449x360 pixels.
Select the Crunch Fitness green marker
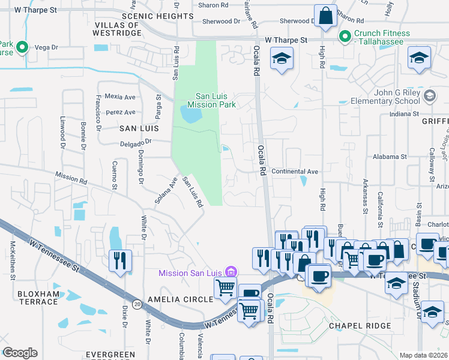(x=345, y=37)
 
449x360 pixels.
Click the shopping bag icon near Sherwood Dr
(x=325, y=16)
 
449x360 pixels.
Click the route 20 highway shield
(x=137, y=304)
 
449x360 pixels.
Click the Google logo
(x=20, y=353)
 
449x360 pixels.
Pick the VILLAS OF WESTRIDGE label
(x=117, y=29)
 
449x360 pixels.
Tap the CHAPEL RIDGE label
(x=360, y=326)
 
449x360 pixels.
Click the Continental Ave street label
(x=295, y=172)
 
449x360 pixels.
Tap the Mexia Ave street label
(x=120, y=97)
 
